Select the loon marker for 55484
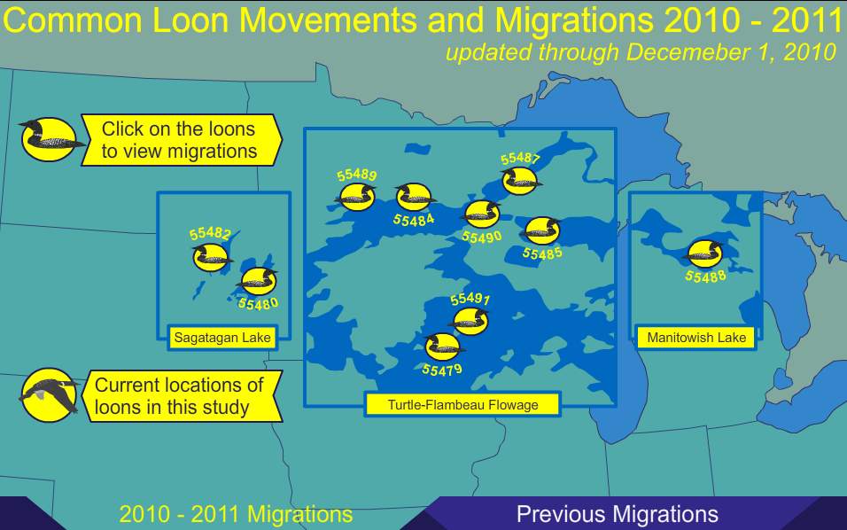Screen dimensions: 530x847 click(x=412, y=197)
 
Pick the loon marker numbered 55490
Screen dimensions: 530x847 click(x=481, y=214)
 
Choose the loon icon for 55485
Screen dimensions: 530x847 click(x=541, y=230)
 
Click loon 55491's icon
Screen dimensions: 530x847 click(x=470, y=320)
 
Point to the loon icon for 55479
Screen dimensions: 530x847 click(x=441, y=347)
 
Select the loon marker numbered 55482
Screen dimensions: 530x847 click(x=211, y=258)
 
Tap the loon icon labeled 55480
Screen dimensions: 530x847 click(x=259, y=281)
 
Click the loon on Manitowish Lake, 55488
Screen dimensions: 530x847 click(x=704, y=253)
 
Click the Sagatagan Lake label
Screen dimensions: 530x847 click(x=221, y=338)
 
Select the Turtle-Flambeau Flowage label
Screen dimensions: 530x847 click(x=462, y=406)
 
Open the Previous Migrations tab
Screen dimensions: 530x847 click(x=617, y=514)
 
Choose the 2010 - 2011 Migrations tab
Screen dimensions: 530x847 click(x=236, y=514)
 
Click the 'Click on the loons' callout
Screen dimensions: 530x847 click(x=181, y=140)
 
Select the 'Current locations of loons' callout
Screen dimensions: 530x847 click(x=181, y=396)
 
